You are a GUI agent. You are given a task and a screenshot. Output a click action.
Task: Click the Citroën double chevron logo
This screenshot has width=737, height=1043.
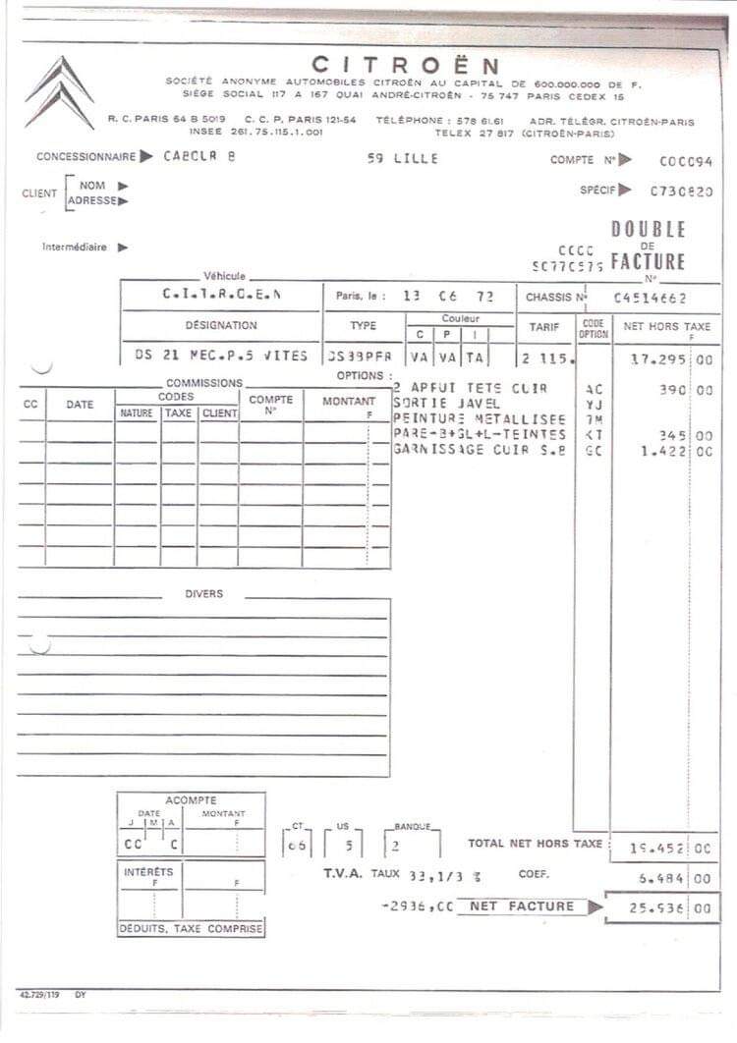tap(59, 92)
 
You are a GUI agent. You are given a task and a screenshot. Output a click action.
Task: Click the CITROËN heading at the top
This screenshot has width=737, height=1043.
tap(405, 66)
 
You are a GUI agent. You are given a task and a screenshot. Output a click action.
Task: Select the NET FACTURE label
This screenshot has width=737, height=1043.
tap(521, 906)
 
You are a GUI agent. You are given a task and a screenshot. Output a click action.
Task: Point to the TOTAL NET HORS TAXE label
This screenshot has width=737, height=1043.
tap(535, 844)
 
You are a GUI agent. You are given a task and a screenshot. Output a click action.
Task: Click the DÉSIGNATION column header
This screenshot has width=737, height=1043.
tap(221, 325)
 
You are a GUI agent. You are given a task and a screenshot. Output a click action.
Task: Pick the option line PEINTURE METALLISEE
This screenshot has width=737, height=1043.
tap(480, 419)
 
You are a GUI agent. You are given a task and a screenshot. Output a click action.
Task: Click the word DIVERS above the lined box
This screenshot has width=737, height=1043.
tap(203, 594)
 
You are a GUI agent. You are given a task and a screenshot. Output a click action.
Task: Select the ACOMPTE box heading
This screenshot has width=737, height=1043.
tap(191, 800)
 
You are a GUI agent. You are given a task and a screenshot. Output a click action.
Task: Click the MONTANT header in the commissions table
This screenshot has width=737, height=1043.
tap(349, 402)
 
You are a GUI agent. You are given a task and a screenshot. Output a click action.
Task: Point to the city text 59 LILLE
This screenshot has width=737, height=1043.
tap(403, 159)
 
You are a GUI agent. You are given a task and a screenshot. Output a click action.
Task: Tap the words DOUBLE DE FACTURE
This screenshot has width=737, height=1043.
tap(648, 246)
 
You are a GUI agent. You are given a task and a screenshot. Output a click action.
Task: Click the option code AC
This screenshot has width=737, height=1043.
tap(594, 390)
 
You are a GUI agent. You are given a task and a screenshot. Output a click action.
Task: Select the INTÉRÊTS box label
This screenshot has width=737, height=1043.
tap(148, 872)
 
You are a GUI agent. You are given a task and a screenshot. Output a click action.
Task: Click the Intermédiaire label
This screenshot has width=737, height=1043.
tap(75, 247)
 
